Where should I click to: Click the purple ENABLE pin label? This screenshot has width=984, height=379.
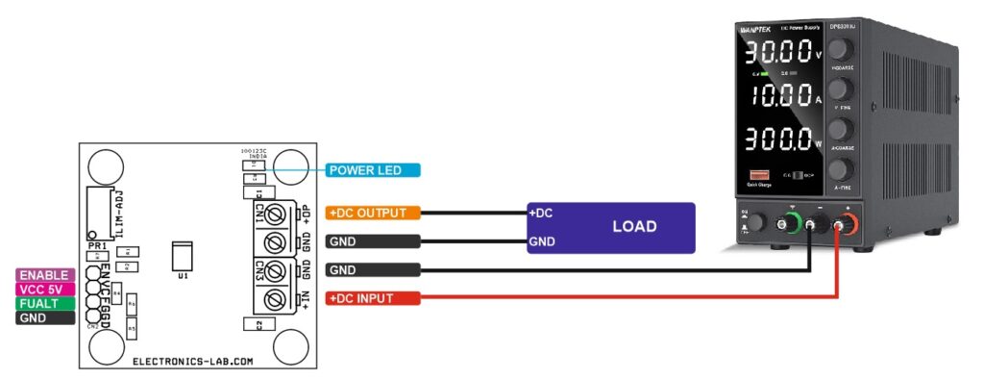point(45,275)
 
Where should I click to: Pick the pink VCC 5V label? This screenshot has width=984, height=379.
point(45,289)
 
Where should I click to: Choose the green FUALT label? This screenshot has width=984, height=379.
point(45,303)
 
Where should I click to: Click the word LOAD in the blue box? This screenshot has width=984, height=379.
point(634,227)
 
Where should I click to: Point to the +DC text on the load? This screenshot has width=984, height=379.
point(540,213)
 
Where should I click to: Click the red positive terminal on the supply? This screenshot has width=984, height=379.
point(848,225)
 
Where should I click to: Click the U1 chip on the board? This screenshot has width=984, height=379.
point(180,256)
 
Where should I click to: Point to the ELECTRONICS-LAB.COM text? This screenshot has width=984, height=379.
point(192,362)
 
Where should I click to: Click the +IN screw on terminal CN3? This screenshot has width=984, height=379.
point(276,299)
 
